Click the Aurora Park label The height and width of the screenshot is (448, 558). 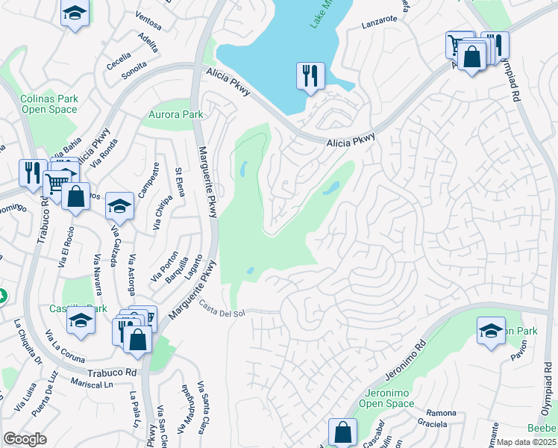click(176, 114)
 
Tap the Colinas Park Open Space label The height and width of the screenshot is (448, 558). click(48, 104)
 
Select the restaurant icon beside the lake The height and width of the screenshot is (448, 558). click(310, 76)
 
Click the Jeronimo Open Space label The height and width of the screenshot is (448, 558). click(389, 398)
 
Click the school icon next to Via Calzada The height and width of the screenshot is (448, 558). click(119, 205)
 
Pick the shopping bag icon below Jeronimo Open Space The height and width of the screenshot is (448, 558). click(342, 432)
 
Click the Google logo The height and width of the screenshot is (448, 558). click(25, 439)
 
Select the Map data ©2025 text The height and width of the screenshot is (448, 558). click(527, 442)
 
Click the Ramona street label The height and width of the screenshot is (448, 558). click(441, 413)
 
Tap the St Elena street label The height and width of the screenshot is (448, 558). click(180, 181)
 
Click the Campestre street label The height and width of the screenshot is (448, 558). click(156, 177)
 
